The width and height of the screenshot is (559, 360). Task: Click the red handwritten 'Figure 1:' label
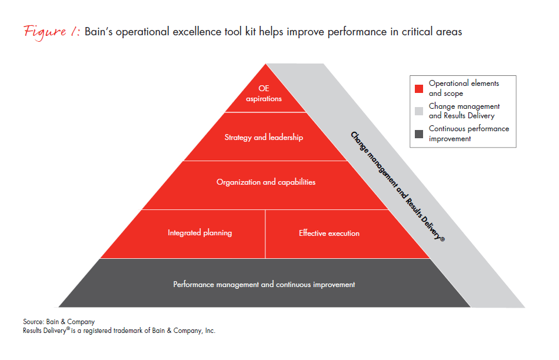click(x=52, y=32)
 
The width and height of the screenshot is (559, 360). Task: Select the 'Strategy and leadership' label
click(x=264, y=137)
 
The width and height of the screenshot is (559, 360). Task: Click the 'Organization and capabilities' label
click(x=266, y=182)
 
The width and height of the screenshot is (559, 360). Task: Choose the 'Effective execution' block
click(x=342, y=234)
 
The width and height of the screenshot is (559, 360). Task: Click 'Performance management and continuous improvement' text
click(x=264, y=285)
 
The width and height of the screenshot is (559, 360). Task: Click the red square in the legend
click(x=419, y=88)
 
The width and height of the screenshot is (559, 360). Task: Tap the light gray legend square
click(x=419, y=111)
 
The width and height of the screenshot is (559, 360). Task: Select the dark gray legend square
click(x=419, y=134)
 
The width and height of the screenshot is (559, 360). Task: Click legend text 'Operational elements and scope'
click(x=464, y=88)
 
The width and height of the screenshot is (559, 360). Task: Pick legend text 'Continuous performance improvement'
click(x=469, y=134)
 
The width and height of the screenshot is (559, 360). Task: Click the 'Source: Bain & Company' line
click(x=59, y=322)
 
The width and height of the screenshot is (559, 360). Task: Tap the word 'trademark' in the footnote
click(x=128, y=331)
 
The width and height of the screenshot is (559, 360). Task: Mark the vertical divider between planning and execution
click(x=265, y=234)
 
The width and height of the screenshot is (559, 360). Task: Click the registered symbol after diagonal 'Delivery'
click(x=442, y=239)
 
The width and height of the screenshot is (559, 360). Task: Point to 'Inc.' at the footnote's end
click(x=210, y=331)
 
